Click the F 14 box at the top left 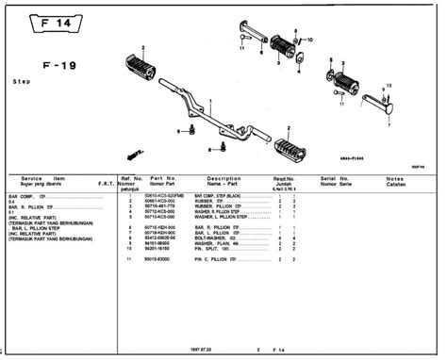click(43, 20)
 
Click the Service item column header click(43, 179)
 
